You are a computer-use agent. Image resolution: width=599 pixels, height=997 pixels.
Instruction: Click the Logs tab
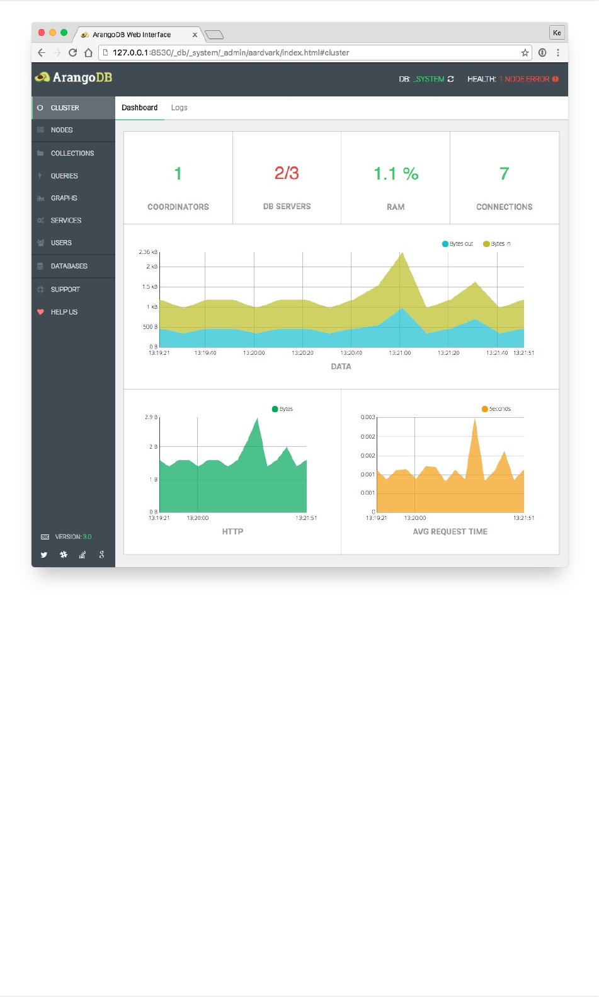(179, 108)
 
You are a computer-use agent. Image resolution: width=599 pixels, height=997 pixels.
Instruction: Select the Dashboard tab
(139, 108)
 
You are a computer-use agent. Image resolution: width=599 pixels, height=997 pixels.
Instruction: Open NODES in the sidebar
(62, 130)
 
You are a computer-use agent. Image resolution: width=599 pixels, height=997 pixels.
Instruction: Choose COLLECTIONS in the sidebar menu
(72, 153)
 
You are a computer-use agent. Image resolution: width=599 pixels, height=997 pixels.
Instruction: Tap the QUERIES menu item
(64, 176)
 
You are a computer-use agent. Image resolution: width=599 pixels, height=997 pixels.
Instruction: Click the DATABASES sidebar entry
(69, 266)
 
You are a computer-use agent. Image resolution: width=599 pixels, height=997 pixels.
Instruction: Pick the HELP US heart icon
(41, 312)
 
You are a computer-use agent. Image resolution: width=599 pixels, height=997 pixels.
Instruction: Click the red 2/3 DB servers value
(287, 173)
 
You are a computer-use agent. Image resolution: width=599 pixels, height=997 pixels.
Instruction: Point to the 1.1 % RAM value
(396, 174)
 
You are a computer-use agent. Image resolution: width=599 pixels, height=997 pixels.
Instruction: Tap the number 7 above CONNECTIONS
(504, 174)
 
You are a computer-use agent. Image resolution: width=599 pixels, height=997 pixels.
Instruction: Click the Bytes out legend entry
(458, 244)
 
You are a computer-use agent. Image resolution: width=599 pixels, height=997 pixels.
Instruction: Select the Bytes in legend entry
(498, 244)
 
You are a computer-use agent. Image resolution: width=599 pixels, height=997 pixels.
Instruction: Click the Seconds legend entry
(496, 409)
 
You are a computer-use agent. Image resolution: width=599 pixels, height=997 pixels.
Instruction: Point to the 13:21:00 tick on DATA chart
(400, 353)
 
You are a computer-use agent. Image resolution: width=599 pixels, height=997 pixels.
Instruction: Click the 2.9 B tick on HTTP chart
(151, 417)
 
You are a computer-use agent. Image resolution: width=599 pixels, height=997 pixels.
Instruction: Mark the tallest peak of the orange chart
(475, 420)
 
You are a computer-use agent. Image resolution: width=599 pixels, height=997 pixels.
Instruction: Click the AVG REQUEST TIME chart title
(450, 532)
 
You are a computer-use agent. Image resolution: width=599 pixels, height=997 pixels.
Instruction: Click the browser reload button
(72, 53)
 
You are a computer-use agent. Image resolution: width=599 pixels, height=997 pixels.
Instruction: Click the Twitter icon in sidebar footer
(44, 555)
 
